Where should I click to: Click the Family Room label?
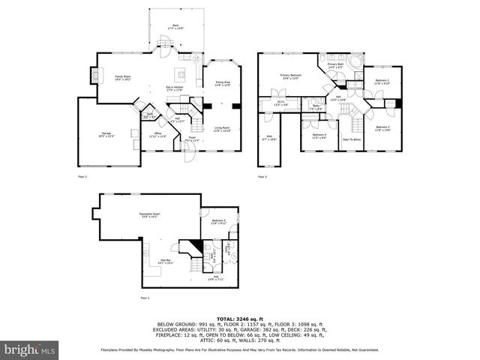pyautogui.click(x=124, y=77)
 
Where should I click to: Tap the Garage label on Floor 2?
pyautogui.click(x=107, y=134)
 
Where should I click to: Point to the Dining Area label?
pyautogui.click(x=223, y=84)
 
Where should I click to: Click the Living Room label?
pyautogui.click(x=222, y=129)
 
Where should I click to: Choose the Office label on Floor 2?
pyautogui.click(x=157, y=134)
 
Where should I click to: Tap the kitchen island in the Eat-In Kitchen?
pyautogui.click(x=181, y=74)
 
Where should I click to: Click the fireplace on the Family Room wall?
pyautogui.click(x=94, y=76)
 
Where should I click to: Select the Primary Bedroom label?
pyautogui.click(x=291, y=76)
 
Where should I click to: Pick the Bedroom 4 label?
pyautogui.click(x=319, y=136)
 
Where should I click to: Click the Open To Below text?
pyautogui.click(x=352, y=139)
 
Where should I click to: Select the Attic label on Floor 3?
pyautogui.click(x=269, y=138)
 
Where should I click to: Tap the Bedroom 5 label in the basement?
pyautogui.click(x=219, y=221)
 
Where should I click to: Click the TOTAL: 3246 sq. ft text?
pyautogui.click(x=240, y=318)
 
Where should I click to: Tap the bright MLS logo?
pyautogui.click(x=28, y=349)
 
